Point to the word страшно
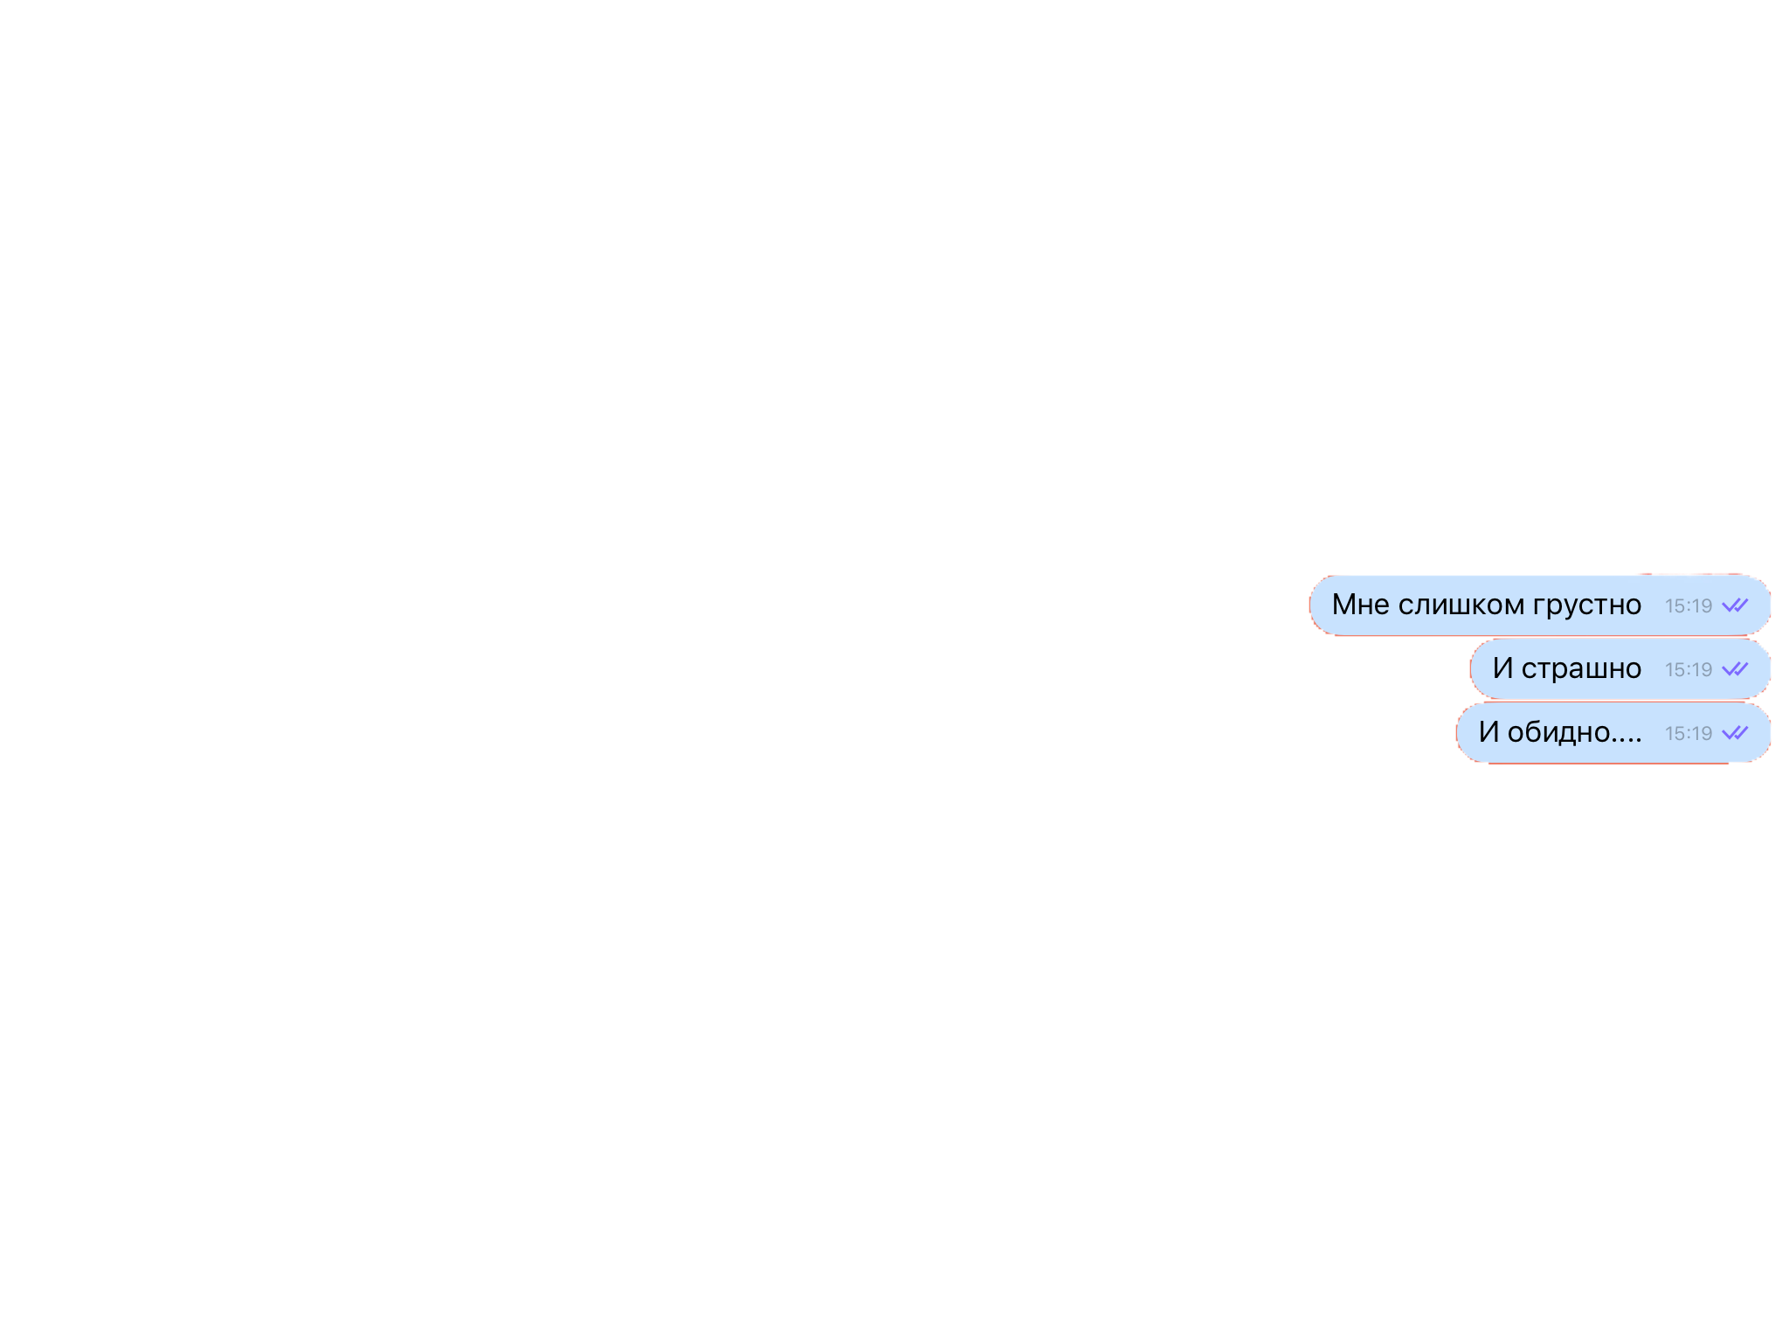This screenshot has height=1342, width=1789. tap(1581, 669)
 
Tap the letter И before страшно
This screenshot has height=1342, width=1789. tap(1502, 668)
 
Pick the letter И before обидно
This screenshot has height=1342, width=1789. tap(1489, 732)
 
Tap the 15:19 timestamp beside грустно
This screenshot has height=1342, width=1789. tap(1688, 605)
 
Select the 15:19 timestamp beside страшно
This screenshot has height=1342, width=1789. tap(1688, 669)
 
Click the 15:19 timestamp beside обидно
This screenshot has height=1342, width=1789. tap(1688, 733)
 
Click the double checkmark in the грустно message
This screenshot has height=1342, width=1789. tap(1735, 605)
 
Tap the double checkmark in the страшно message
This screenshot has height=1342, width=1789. tap(1735, 669)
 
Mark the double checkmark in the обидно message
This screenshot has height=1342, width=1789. tap(1735, 733)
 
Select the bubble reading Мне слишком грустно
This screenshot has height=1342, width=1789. tap(1540, 605)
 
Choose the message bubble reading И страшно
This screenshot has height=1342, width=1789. tap(1620, 669)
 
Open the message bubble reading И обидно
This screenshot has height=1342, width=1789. tap(1613, 733)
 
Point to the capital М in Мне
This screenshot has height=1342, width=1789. tap(1343, 605)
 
